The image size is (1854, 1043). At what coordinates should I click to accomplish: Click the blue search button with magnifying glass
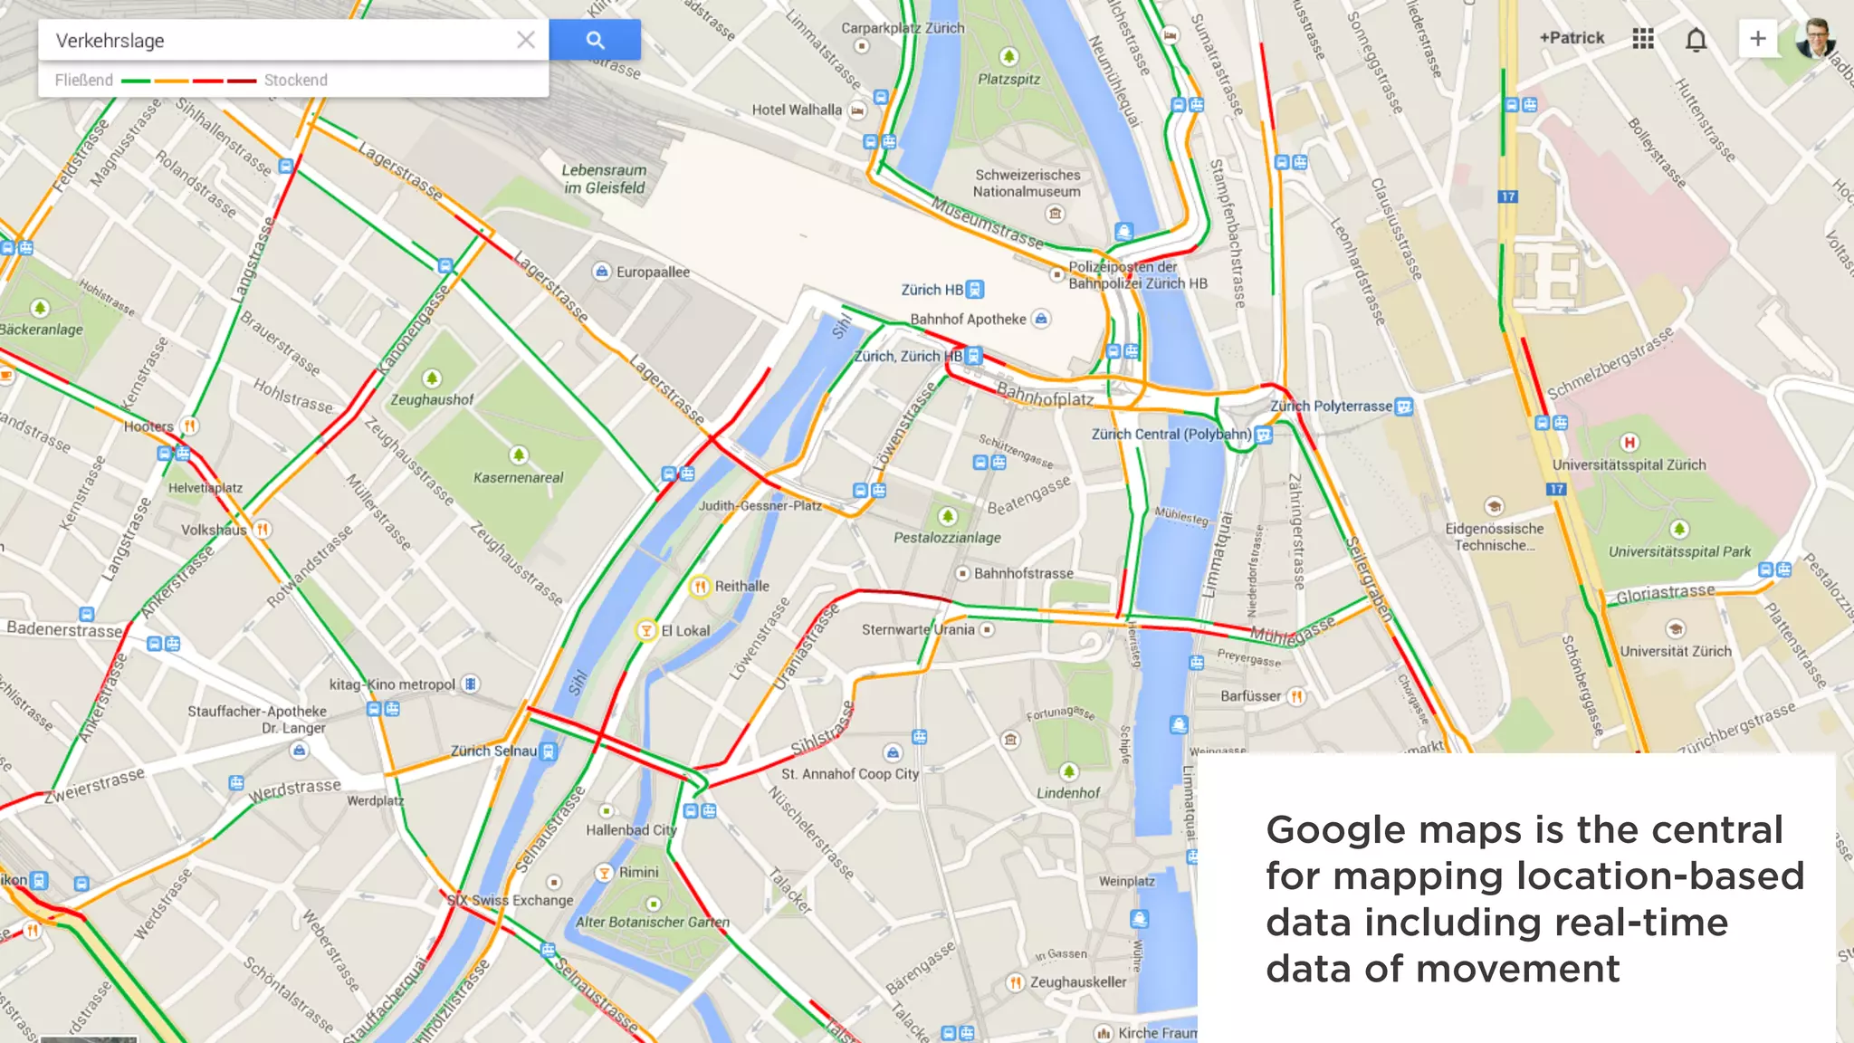[x=595, y=40]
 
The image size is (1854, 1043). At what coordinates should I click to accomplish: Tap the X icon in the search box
[x=526, y=40]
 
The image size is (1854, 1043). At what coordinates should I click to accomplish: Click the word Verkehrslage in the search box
[x=110, y=41]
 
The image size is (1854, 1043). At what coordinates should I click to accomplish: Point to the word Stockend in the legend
[x=295, y=80]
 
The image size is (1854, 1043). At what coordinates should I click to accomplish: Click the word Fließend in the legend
[x=84, y=80]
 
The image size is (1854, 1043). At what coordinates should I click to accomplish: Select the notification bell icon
[x=1696, y=39]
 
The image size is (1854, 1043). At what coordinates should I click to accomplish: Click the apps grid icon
[x=1643, y=39]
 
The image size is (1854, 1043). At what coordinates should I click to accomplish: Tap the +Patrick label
[x=1572, y=38]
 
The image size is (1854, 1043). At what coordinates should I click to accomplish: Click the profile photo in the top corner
[x=1814, y=38]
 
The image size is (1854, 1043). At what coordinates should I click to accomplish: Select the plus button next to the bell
[x=1757, y=39]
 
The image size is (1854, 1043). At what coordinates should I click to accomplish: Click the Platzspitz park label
[x=1008, y=79]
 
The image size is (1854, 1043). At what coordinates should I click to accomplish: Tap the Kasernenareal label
[x=518, y=477]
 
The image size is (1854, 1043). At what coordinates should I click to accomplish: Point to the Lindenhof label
[x=1068, y=793]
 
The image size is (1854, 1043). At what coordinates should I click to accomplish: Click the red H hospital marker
[x=1629, y=442]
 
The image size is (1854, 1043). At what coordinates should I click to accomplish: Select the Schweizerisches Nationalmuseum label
[x=1027, y=183]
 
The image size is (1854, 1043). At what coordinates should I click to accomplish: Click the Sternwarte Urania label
[x=918, y=629]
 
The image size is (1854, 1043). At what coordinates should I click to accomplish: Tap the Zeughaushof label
[x=432, y=399]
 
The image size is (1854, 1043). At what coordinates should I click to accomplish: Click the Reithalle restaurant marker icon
[x=700, y=587]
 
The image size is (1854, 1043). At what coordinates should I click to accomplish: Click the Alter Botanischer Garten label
[x=652, y=922]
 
